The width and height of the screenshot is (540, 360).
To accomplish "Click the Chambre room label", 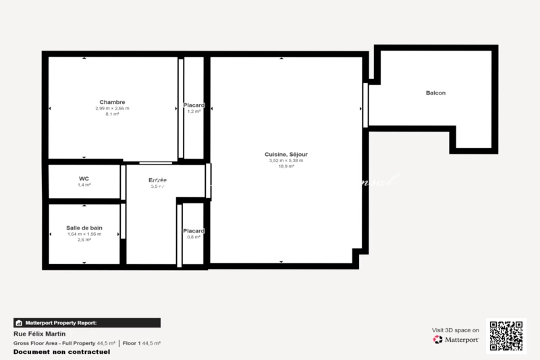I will coord(112,103).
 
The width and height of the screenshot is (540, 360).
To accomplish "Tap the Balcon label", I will coord(435,93).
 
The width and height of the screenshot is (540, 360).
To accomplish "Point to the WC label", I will coord(84,179).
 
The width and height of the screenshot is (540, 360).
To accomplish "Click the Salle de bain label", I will coord(84,228).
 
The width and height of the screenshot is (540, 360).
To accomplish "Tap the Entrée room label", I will coord(158,180).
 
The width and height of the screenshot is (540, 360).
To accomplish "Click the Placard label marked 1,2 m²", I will coord(194,105).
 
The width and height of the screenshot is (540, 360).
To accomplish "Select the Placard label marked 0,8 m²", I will coord(194,231).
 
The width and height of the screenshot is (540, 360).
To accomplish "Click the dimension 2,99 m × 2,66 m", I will coord(112,109).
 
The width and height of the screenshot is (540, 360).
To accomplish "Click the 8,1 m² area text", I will coord(112,114).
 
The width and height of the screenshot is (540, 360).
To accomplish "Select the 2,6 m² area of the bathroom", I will coord(84,240).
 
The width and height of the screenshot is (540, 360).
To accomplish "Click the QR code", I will coord(506,336).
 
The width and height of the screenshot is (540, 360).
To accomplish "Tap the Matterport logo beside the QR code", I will coord(456,339).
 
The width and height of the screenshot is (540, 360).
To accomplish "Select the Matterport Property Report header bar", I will coord(87,323).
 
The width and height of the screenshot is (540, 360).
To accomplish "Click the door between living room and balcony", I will coord(365,105).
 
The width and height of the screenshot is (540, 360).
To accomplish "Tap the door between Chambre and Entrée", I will coord(155,162).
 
